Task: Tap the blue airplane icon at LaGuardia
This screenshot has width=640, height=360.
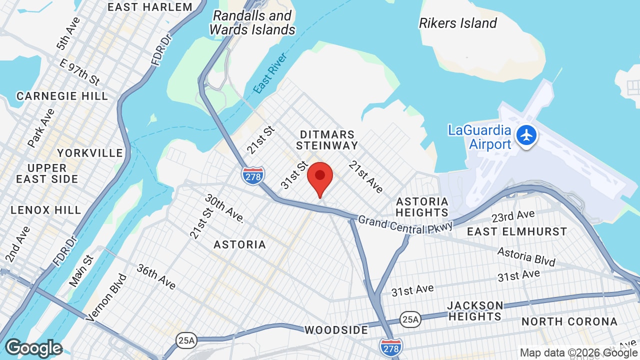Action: (x=526, y=135)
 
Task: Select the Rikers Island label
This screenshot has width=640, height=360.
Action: (x=457, y=23)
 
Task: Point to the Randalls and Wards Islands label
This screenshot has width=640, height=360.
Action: (x=252, y=22)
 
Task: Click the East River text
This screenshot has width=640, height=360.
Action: (x=270, y=73)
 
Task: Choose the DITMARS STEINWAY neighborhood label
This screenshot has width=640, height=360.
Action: (x=327, y=140)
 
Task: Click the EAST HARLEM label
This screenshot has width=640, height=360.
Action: (x=150, y=7)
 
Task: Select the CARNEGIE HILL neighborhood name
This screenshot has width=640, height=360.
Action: (x=62, y=96)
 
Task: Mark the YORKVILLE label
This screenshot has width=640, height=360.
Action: (x=90, y=153)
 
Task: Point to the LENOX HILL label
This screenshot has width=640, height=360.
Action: (x=46, y=210)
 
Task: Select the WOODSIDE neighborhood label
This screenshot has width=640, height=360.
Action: (x=336, y=330)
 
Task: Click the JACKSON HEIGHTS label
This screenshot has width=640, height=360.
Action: (x=475, y=311)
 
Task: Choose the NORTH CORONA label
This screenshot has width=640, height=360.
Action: (x=569, y=321)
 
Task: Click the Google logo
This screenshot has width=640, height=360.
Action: (x=34, y=348)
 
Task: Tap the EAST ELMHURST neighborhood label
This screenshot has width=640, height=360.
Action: (x=517, y=231)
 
